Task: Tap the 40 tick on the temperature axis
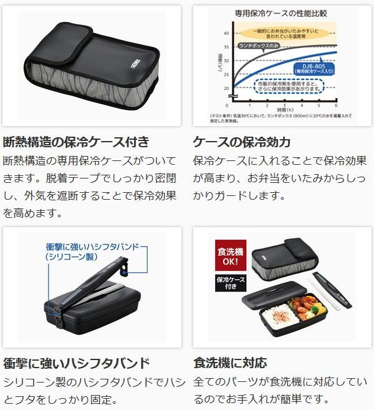click(x=226, y=33)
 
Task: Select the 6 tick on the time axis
click(x=336, y=105)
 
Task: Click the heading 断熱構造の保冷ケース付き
click(x=76, y=141)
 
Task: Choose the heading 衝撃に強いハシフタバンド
click(x=76, y=363)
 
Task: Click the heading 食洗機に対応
click(x=230, y=363)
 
